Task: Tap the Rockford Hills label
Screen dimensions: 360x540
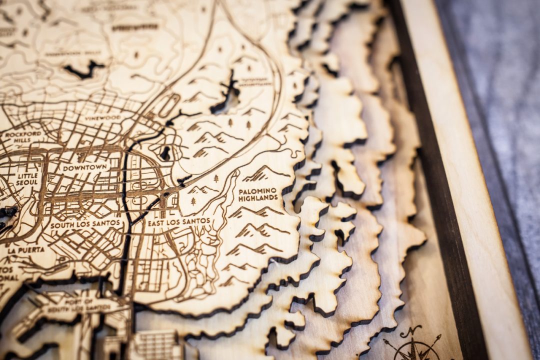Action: pos(23,137)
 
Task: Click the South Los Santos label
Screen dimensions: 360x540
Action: pos(85,223)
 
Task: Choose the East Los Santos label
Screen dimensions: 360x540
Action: pos(178,220)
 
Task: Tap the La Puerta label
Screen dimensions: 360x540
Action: pos(26,249)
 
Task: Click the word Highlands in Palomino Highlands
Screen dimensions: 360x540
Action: pos(258,198)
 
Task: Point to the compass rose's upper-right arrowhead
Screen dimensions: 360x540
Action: pos(438,337)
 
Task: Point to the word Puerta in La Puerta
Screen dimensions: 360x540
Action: pos(33,249)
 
